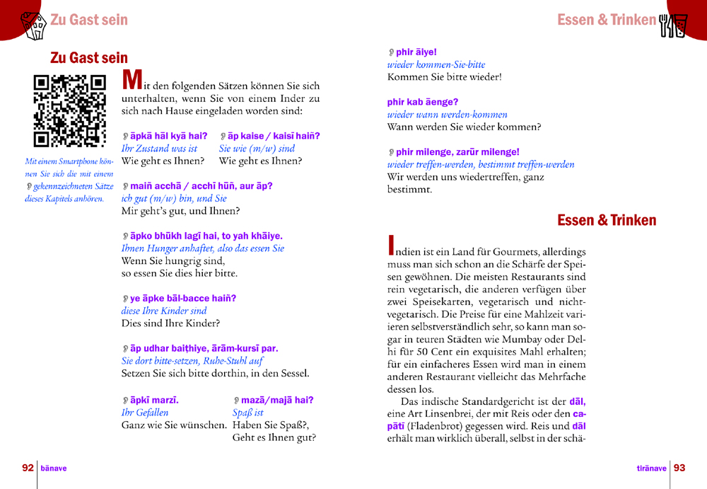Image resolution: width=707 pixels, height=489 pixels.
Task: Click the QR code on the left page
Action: [69, 110]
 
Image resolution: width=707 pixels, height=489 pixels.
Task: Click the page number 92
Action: [28, 468]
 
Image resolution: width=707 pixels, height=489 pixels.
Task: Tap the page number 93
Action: [679, 468]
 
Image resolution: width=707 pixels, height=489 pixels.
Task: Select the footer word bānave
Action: [54, 468]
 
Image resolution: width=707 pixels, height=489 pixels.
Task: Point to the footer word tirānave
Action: [652, 468]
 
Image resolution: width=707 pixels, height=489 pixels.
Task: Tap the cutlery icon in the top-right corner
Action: [673, 25]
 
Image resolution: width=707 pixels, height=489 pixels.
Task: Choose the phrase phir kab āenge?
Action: [422, 102]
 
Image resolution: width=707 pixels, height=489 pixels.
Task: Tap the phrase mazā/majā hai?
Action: [276, 400]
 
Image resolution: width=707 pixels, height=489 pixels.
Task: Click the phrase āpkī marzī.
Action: [154, 400]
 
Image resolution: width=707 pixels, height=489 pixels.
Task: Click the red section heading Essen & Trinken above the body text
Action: [607, 221]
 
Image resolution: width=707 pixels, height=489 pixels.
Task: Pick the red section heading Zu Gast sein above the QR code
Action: [89, 58]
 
